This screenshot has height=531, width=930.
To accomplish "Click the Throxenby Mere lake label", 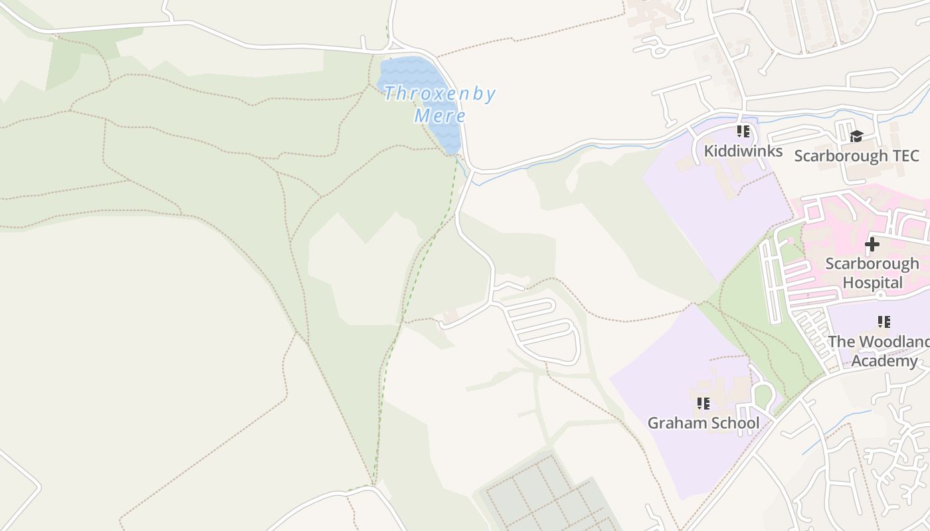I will coord(439,104).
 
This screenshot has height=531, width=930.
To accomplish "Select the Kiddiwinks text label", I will coord(743,151).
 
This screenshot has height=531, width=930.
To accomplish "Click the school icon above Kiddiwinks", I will coord(743,131).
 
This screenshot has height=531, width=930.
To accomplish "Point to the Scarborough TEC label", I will coord(856,156).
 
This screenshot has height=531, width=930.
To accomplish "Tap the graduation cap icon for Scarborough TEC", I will coord(856,136).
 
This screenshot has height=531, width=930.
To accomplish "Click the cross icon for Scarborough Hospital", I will coord(872,244).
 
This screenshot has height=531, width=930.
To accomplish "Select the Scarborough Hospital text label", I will coord(872,273).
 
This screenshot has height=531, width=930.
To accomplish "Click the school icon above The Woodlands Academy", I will coord(884,322).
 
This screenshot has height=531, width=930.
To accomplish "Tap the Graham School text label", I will coord(703,423).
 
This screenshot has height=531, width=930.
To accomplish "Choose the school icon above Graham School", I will coord(703,403).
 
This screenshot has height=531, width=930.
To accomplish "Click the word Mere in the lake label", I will coord(440,115).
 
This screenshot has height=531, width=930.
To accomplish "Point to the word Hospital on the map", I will coord(872,283).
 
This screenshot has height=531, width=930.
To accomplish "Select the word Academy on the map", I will coord(884,361).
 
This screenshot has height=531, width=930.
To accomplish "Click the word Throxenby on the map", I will coord(439,94).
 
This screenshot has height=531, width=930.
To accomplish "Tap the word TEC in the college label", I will coord(903,156).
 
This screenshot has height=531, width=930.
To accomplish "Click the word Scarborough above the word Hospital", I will coord(872,264).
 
